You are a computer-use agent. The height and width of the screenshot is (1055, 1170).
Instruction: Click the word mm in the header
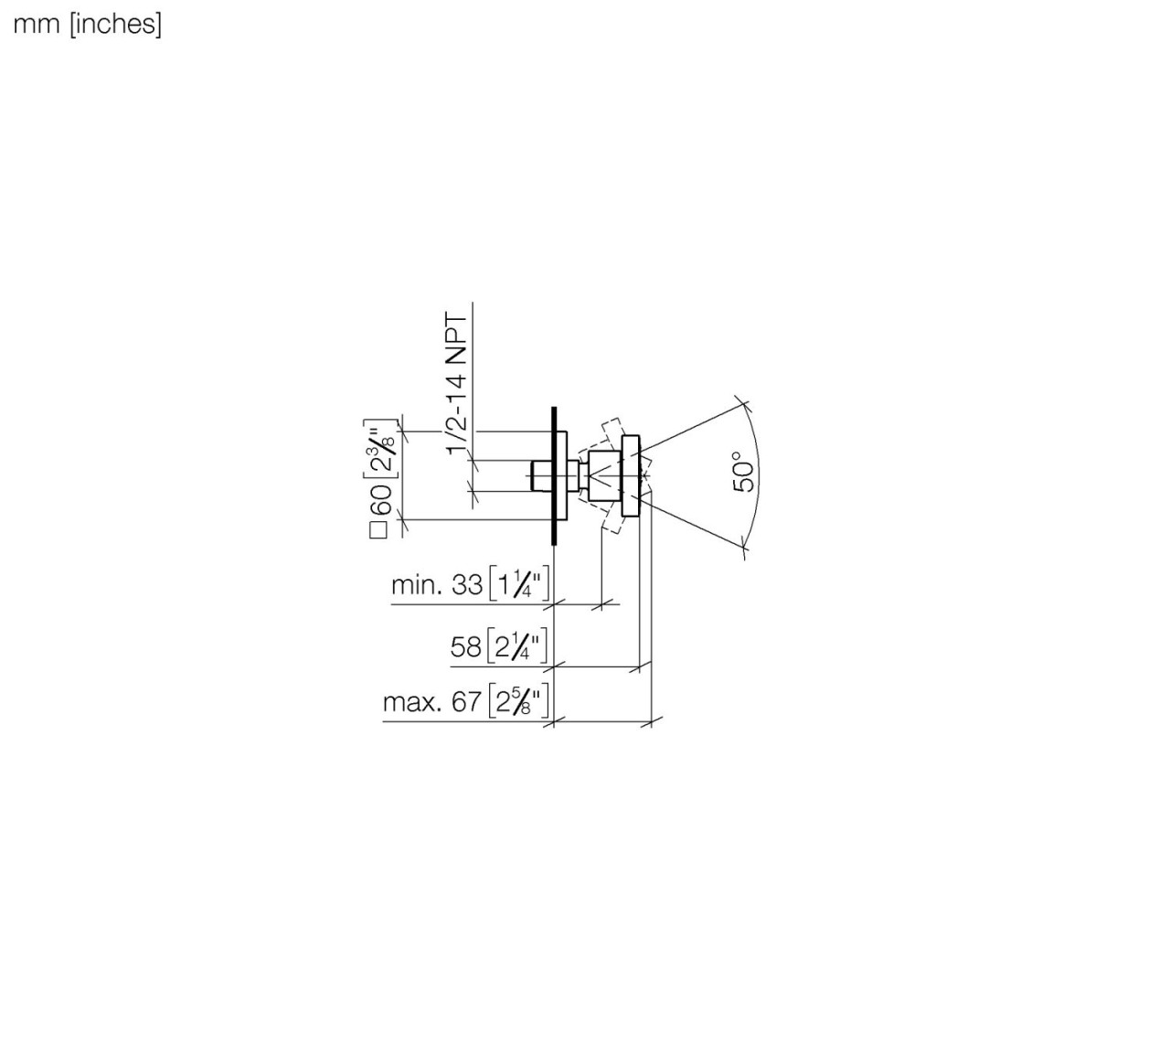point(37,25)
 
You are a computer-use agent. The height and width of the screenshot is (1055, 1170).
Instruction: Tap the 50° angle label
point(744,471)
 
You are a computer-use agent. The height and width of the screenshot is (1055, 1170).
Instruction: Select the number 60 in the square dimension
point(383,499)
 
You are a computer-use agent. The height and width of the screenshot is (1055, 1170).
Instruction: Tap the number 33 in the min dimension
point(467,585)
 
